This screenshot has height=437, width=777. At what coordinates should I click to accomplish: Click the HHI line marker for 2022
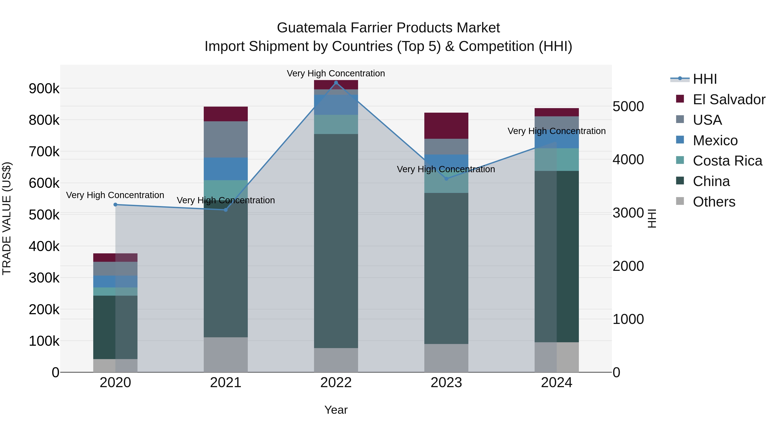pos(336,83)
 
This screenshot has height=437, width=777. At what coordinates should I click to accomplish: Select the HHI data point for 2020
pos(115,205)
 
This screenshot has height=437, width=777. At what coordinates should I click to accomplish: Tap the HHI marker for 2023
pos(446,179)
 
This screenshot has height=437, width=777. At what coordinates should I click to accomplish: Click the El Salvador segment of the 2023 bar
pos(446,126)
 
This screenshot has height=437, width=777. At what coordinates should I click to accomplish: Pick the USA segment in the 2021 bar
pos(226,139)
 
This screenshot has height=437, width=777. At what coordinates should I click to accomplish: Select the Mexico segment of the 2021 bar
pos(226,169)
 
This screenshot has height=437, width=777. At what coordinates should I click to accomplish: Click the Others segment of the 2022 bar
pos(336,360)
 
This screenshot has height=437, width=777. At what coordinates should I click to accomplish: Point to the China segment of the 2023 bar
pos(446,268)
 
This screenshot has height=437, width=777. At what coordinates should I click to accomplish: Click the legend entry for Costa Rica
pos(727,161)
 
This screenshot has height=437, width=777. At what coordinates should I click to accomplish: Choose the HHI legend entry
pos(705,79)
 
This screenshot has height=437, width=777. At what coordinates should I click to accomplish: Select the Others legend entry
pos(714,202)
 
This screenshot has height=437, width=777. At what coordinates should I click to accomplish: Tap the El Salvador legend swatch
pos(680,99)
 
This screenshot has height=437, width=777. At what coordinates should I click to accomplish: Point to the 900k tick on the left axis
pos(44,89)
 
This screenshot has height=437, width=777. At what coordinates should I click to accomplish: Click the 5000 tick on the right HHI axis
pos(628,106)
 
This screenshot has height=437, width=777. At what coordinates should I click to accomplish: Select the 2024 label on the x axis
pos(556,383)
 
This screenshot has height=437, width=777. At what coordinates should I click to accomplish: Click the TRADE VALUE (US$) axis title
pos(7,218)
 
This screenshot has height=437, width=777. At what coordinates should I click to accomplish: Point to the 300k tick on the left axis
pos(44,278)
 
